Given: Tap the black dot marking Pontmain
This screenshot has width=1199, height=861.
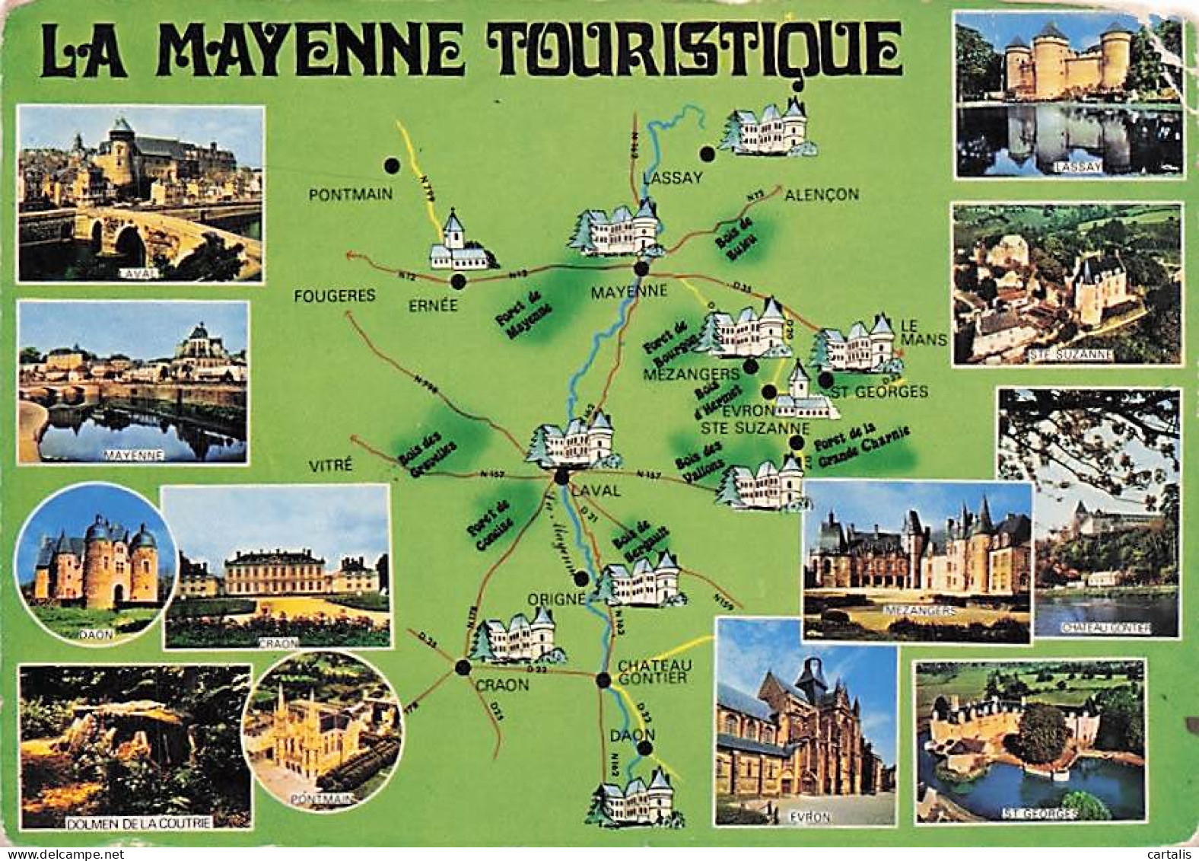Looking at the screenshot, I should (x=392, y=165).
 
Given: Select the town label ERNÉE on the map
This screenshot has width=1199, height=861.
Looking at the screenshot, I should (x=433, y=305).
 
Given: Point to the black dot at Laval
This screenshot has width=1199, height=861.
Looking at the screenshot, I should (x=561, y=477).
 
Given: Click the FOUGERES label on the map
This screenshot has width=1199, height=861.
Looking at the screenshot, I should (x=335, y=295).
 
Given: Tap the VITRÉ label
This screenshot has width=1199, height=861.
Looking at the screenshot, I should (x=331, y=464).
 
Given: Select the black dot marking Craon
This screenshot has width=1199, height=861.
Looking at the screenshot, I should (x=462, y=668).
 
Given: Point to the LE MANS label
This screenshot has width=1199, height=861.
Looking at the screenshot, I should (x=923, y=331).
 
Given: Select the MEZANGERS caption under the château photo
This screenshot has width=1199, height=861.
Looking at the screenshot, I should (x=917, y=611).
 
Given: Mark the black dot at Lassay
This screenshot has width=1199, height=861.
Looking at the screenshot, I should (x=708, y=155).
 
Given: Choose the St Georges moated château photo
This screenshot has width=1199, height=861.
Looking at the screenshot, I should (x=1031, y=740).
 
